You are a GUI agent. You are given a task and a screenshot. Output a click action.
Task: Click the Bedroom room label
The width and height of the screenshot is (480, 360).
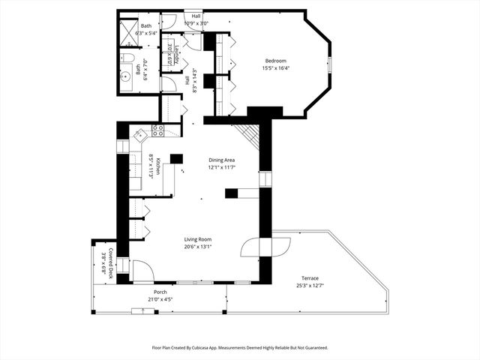[x=275, y=61]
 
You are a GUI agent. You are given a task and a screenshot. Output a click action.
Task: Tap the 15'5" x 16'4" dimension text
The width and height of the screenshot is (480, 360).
[x=275, y=68]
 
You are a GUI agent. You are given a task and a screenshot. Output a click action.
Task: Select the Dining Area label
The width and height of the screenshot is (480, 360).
[x=223, y=159]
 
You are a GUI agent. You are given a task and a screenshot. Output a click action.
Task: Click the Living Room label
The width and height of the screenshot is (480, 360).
[x=199, y=239]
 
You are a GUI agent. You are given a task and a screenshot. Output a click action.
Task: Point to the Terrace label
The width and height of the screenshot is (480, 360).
[x=310, y=277]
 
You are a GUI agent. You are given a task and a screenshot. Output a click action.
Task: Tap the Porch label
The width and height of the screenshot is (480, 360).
[x=160, y=292]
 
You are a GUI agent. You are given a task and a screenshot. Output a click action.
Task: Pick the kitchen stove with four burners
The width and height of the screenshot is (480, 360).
[x=158, y=130]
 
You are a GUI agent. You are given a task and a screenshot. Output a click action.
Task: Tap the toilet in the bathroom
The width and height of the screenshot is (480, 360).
[x=127, y=60]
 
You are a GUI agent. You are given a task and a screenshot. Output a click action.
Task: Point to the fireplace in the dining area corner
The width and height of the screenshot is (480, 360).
[x=247, y=134]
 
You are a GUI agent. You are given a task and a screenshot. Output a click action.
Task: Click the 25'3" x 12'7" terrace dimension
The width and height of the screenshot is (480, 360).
[x=310, y=285]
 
